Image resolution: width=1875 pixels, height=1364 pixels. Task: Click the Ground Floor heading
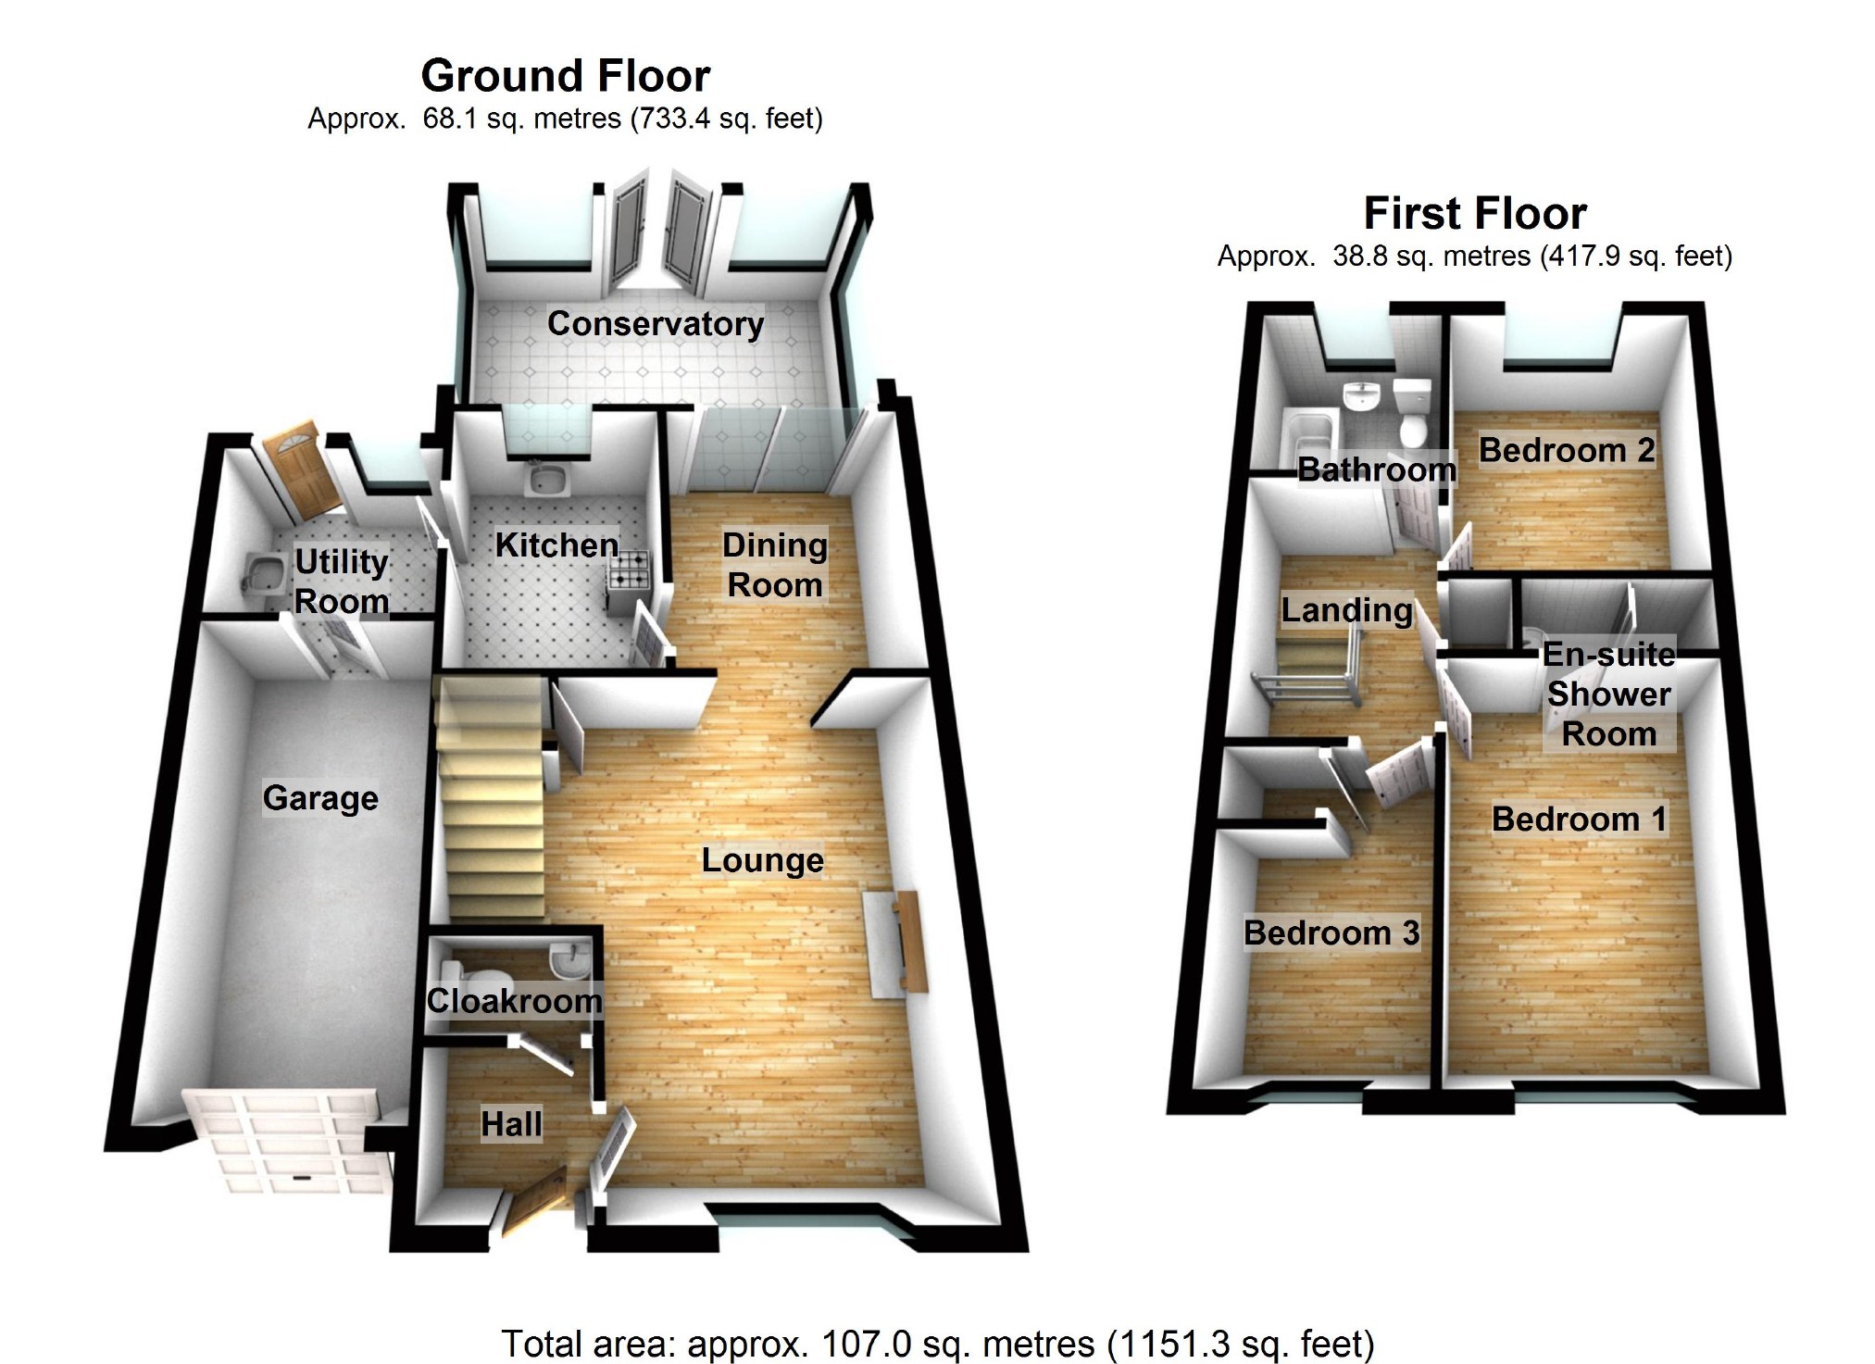[565, 76]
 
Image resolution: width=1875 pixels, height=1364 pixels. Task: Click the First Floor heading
[1475, 214]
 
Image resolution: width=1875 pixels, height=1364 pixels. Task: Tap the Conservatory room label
[656, 323]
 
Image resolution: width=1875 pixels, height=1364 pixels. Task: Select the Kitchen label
[556, 545]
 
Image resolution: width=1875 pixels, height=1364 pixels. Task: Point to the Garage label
[320, 798]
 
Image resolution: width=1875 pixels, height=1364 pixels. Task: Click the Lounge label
[762, 860]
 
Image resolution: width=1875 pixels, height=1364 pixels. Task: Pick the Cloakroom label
[514, 1001]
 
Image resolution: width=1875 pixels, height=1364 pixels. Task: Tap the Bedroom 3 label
[1331, 932]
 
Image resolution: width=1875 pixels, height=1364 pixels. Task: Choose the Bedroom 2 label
[1566, 450]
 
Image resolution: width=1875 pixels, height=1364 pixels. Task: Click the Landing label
[1346, 610]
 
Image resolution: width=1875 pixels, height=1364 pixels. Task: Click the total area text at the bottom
[937, 1344]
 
